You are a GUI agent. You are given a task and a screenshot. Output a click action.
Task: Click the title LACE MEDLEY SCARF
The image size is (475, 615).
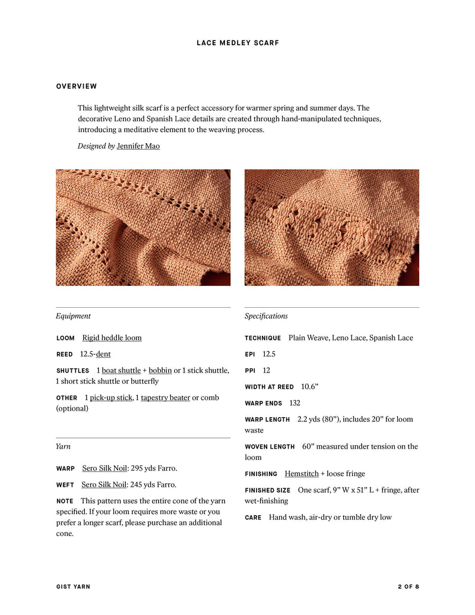[237, 43]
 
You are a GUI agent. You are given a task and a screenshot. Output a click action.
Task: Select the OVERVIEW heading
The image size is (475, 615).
[77, 86]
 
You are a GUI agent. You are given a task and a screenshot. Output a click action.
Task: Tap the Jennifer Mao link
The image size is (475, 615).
[138, 146]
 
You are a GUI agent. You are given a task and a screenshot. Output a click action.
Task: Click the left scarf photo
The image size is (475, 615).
[143, 228]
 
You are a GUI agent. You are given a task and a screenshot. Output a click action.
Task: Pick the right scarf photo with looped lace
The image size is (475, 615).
[331, 228]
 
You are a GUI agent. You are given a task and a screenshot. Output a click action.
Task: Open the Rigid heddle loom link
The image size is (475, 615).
[112, 338]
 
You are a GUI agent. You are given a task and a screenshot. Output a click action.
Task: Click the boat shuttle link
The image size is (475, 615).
[121, 370]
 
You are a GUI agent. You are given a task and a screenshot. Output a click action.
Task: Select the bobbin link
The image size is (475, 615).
[160, 370]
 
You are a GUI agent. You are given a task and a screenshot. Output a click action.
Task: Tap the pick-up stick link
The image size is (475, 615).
[111, 398]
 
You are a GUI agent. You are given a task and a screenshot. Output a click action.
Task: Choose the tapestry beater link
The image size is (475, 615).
[165, 398]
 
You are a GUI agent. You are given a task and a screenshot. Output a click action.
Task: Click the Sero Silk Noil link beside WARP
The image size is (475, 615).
[104, 468]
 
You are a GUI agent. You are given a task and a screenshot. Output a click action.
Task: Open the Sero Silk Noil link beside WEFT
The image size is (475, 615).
[104, 484]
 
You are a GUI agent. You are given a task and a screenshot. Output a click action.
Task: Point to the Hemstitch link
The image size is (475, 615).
[302, 474]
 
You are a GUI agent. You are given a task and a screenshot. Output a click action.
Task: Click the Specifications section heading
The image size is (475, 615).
[266, 316]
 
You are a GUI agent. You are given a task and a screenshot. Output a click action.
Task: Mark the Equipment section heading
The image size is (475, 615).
[73, 316]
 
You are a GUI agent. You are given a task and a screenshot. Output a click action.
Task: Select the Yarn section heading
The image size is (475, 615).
[63, 446]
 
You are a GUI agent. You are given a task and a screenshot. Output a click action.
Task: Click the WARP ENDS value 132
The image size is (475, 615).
[294, 403]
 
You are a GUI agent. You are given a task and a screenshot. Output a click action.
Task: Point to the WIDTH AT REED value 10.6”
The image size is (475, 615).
[309, 386]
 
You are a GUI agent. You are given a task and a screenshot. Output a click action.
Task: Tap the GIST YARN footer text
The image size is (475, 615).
[73, 586]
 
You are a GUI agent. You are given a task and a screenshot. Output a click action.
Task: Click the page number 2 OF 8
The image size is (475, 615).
[408, 586]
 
